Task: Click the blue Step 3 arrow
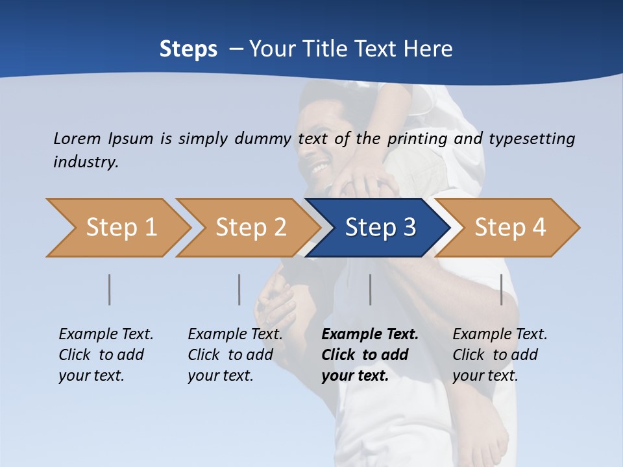(380, 227)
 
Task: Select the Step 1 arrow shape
(121, 227)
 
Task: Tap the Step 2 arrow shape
(250, 227)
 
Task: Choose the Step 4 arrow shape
(509, 227)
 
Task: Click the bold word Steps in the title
(188, 49)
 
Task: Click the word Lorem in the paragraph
(77, 138)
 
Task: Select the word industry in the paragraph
(86, 162)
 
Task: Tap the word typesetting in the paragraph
(532, 138)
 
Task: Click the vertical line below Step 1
(110, 289)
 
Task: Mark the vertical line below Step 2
(239, 289)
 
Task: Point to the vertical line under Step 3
(371, 289)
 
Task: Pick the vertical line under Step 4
(502, 289)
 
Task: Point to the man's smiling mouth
(319, 170)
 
